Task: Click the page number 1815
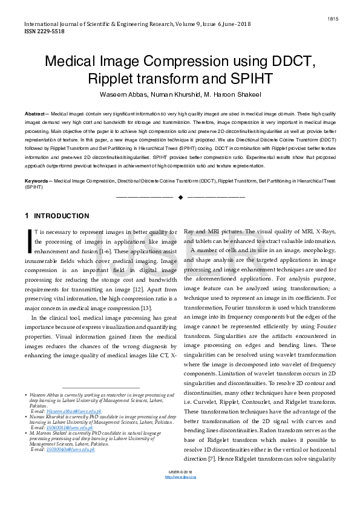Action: [x=333, y=19]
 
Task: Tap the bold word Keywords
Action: [x=37, y=181]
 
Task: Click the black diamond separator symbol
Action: [x=180, y=197]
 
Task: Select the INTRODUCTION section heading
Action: [x=62, y=216]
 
